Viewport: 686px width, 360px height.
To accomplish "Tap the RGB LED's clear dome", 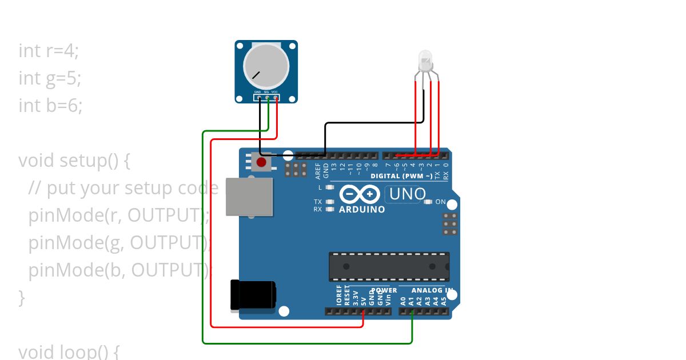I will point(426,60).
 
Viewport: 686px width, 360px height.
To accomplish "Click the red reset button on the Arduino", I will point(261,162).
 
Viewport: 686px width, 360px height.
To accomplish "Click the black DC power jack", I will point(252,295).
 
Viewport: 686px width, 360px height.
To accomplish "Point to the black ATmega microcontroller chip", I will point(389,266).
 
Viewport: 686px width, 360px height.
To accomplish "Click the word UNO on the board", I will point(407,194).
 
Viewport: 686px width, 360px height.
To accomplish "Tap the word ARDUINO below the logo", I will point(362,210).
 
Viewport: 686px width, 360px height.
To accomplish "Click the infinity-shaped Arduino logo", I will point(360,194).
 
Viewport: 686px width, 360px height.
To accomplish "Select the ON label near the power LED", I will point(441,202).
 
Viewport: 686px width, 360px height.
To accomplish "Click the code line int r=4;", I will point(49,51).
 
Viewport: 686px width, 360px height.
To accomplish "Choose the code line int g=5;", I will point(50,78).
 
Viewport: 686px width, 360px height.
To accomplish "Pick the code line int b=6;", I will point(50,106).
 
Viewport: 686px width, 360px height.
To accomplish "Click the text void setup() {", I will point(74,161).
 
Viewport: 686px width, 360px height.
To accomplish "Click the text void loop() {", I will point(69,351).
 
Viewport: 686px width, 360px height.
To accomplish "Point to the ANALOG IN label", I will point(432,290).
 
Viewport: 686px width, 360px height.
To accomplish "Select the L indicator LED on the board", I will point(329,187).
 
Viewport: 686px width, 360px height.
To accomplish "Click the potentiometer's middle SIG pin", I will point(267,98).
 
